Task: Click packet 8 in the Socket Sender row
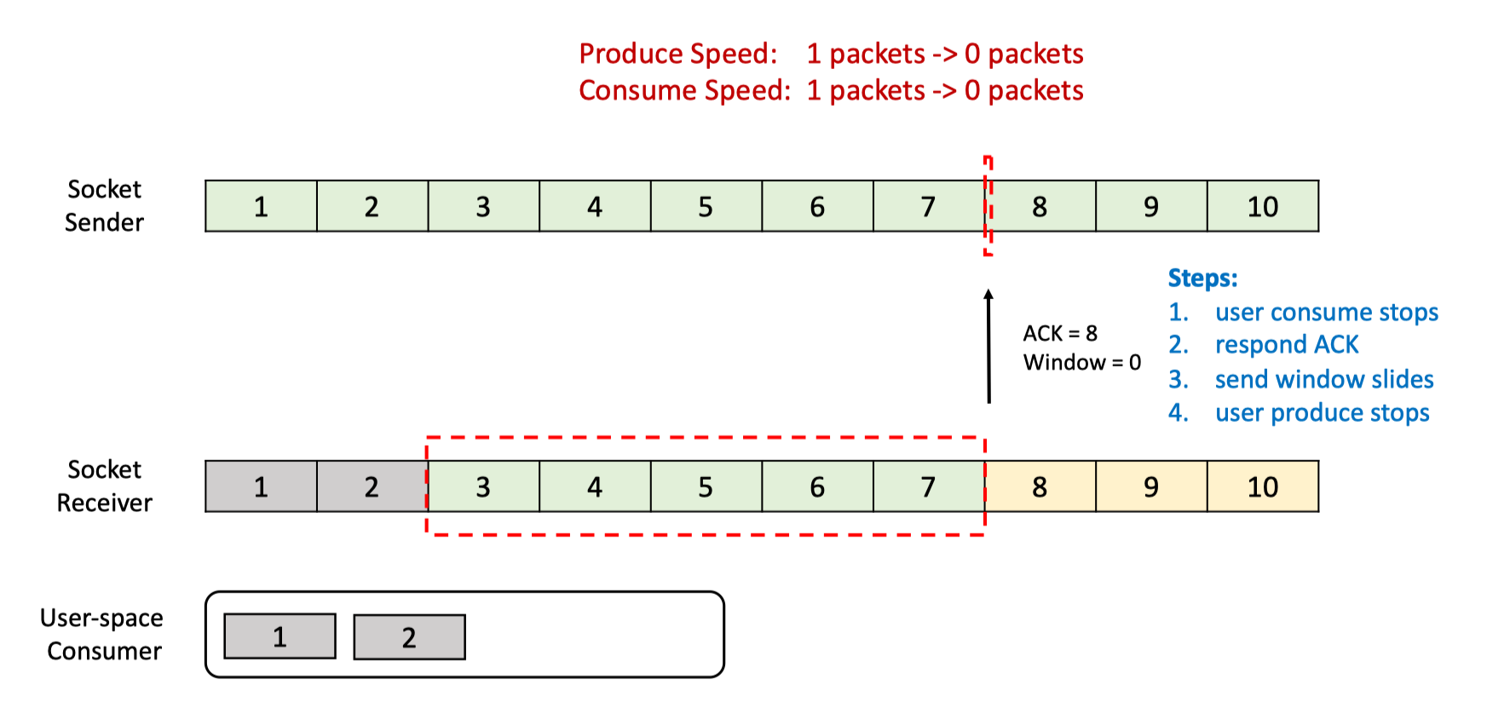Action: pyautogui.click(x=1040, y=206)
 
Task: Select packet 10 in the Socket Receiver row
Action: pyautogui.click(x=1263, y=487)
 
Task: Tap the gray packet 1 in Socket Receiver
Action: pyautogui.click(x=261, y=487)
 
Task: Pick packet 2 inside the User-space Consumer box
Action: pyautogui.click(x=409, y=637)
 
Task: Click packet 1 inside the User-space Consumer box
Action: pyautogui.click(x=280, y=636)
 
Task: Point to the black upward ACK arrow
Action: pyautogui.click(x=988, y=346)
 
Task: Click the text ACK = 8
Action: pyautogui.click(x=1060, y=333)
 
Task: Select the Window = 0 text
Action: pyautogui.click(x=1082, y=362)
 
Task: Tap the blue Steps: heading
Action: pyautogui.click(x=1202, y=278)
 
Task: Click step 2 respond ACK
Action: pyautogui.click(x=1263, y=344)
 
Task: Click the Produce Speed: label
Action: pyautogui.click(x=678, y=54)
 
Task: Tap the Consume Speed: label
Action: pyautogui.click(x=685, y=90)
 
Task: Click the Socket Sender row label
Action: pyautogui.click(x=104, y=205)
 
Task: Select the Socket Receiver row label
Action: pyautogui.click(x=104, y=486)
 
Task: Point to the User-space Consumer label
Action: pyautogui.click(x=102, y=634)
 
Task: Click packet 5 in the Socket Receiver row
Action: pyautogui.click(x=706, y=487)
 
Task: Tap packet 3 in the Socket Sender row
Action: pyautogui.click(x=483, y=206)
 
